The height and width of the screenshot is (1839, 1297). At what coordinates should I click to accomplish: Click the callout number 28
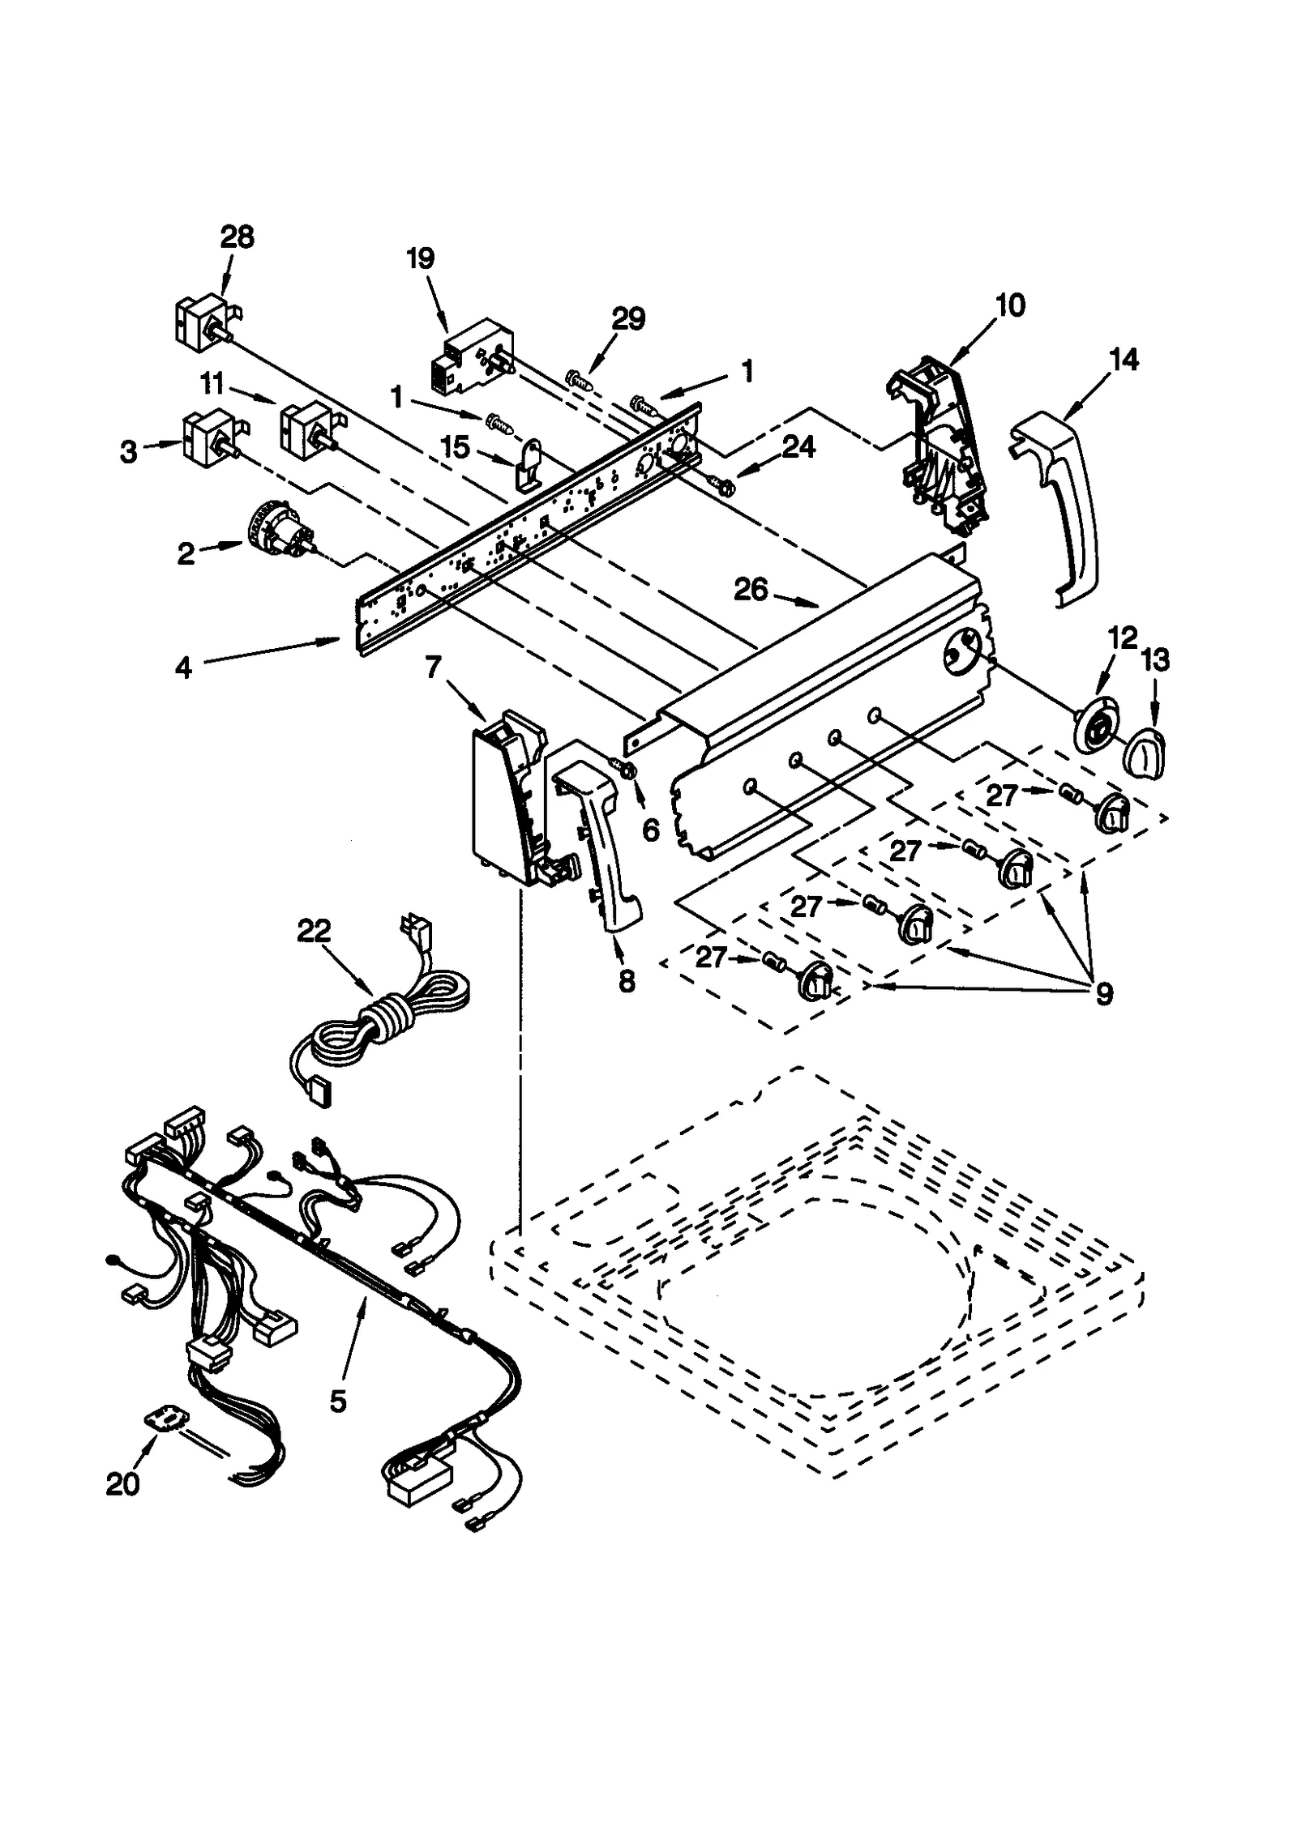237,237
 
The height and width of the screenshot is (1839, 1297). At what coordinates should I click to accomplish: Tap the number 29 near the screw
627,318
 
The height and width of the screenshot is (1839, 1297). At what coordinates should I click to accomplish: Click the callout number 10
1010,305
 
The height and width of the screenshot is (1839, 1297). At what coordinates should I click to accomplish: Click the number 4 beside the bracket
184,668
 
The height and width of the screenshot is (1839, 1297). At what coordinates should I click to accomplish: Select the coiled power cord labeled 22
381,1025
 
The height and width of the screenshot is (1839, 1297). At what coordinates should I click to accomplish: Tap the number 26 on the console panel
751,590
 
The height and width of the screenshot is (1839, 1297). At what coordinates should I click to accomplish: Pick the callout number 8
627,982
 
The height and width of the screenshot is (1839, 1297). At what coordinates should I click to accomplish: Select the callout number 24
798,446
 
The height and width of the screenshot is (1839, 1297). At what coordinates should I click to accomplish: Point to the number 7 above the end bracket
433,668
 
